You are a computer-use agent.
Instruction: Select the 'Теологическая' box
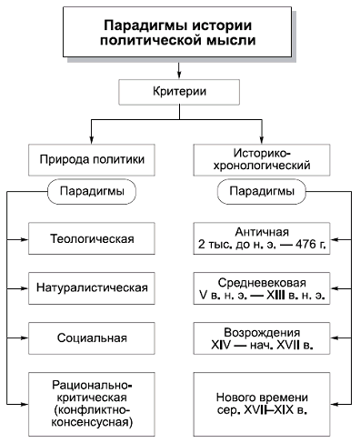point(87,239)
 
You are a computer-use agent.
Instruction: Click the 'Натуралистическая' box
point(87,288)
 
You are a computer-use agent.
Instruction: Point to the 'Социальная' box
point(87,337)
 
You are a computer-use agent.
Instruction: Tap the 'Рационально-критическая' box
point(87,398)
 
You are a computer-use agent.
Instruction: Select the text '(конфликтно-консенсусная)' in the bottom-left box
point(87,409)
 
